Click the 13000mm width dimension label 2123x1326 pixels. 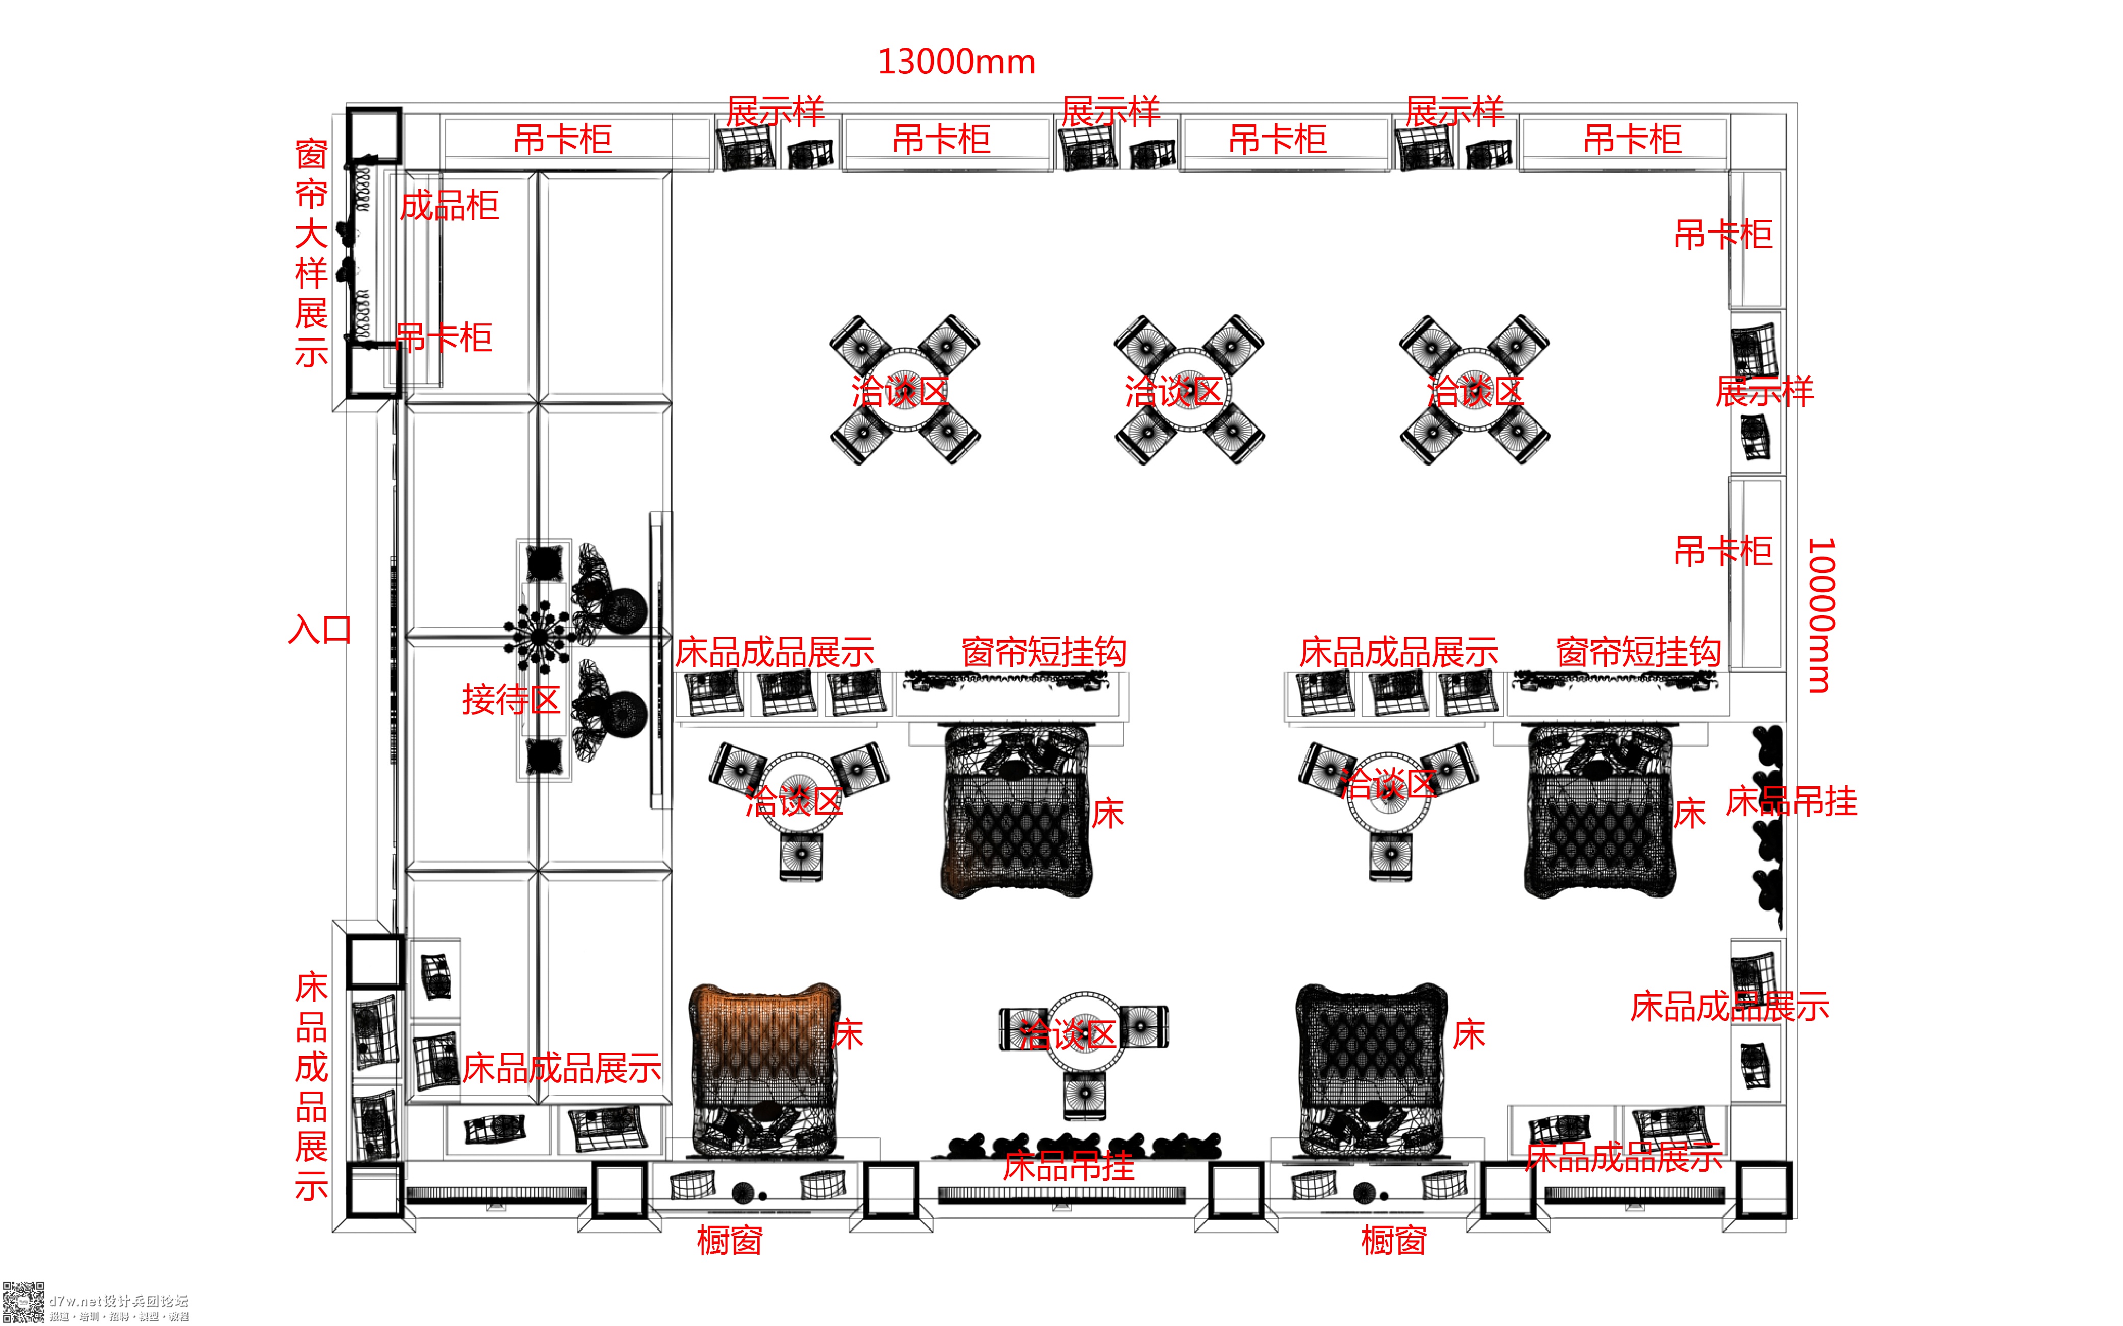pos(956,62)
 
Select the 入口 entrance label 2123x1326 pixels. pos(320,630)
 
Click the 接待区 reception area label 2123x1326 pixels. pos(510,700)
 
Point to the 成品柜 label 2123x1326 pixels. pos(449,206)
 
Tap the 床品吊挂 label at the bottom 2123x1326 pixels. pos(1068,1167)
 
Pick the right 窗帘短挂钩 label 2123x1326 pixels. pos(1638,652)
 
